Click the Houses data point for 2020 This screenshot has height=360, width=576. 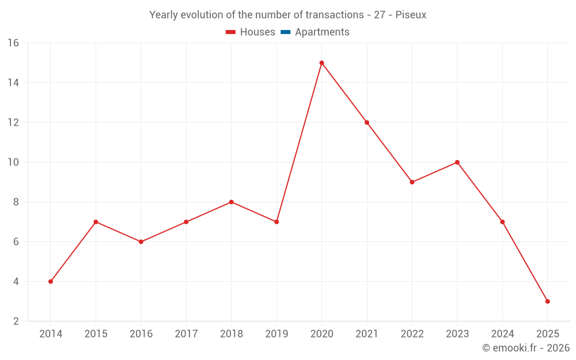pyautogui.click(x=321, y=63)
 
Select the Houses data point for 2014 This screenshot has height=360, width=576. pyautogui.click(x=51, y=282)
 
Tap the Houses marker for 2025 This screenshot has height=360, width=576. pyautogui.click(x=547, y=301)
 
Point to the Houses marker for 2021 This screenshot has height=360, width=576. pyautogui.click(x=367, y=122)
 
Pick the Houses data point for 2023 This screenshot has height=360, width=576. pyautogui.click(x=457, y=162)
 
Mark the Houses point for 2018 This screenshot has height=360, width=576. pyautogui.click(x=231, y=202)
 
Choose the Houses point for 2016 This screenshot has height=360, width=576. pyautogui.click(x=141, y=242)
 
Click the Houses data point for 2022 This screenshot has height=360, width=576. pyautogui.click(x=412, y=182)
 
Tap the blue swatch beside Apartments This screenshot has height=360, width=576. pyautogui.click(x=285, y=32)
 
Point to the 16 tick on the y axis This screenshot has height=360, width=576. pyautogui.click(x=13, y=43)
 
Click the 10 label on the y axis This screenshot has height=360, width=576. pyautogui.click(x=13, y=162)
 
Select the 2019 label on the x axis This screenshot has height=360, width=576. pyautogui.click(x=276, y=334)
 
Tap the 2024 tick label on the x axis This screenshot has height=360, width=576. pyautogui.click(x=502, y=334)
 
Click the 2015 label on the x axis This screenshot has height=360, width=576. pyautogui.click(x=96, y=334)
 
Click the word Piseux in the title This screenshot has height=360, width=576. pyautogui.click(x=411, y=15)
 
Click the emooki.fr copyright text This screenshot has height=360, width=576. pyautogui.click(x=526, y=348)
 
